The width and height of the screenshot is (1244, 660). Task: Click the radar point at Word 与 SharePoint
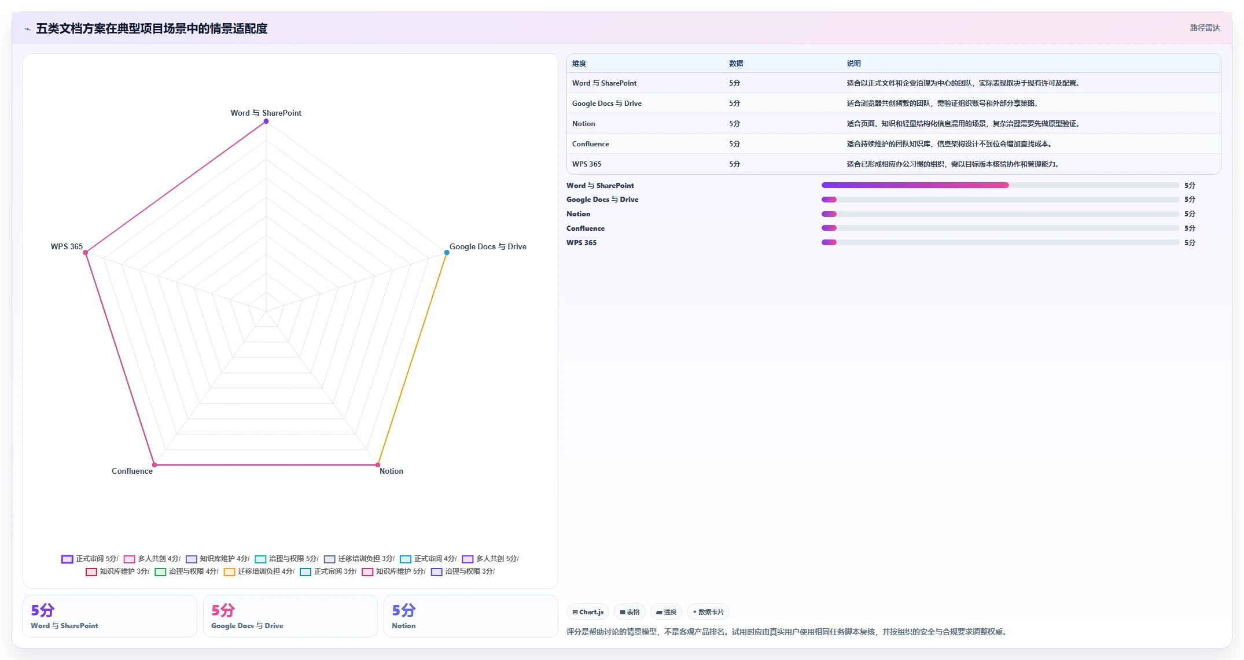point(266,121)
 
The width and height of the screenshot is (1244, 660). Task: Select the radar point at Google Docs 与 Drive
point(447,253)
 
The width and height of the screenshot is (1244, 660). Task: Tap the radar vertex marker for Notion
point(378,465)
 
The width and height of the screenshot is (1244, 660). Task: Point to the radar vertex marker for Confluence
point(154,465)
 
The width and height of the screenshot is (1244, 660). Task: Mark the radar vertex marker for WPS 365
point(86,253)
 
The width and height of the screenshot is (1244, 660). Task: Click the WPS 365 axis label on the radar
point(67,246)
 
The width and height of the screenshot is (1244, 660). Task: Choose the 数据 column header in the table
point(736,64)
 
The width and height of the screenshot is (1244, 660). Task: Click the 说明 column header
point(854,64)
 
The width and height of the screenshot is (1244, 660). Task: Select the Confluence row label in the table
point(590,144)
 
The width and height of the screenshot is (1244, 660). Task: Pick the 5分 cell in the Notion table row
point(735,124)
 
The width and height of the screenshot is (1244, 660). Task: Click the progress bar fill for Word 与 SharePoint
point(915,185)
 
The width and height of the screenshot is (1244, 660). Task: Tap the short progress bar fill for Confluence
point(829,228)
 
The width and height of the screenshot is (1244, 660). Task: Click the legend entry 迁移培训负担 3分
point(359,559)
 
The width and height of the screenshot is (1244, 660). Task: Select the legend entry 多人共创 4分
point(152,559)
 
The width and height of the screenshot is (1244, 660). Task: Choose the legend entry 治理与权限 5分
point(287,559)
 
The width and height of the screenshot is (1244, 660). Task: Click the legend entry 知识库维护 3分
point(117,571)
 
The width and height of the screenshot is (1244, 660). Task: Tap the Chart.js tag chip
point(588,612)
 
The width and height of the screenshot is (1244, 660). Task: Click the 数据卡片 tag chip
point(708,612)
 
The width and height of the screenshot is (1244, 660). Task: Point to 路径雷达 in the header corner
point(1205,28)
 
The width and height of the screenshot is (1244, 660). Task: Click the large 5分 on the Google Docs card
point(223,610)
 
